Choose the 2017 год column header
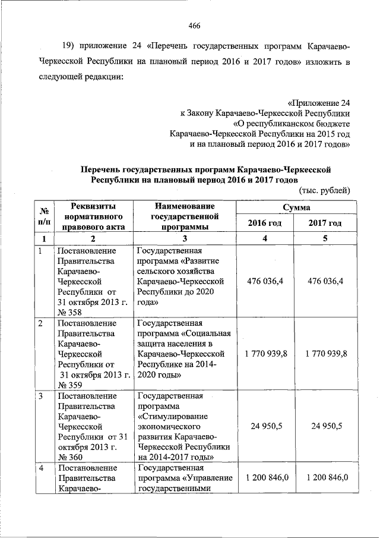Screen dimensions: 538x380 coord(325,223)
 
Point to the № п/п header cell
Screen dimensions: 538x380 coord(43,216)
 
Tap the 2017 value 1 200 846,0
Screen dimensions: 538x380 coord(325,477)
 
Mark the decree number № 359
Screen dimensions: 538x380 coord(70,385)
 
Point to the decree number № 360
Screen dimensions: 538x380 coord(70,457)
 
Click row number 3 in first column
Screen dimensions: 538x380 coord(40,396)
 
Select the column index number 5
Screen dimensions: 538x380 coord(325,238)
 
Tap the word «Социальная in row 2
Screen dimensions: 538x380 coord(202,334)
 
